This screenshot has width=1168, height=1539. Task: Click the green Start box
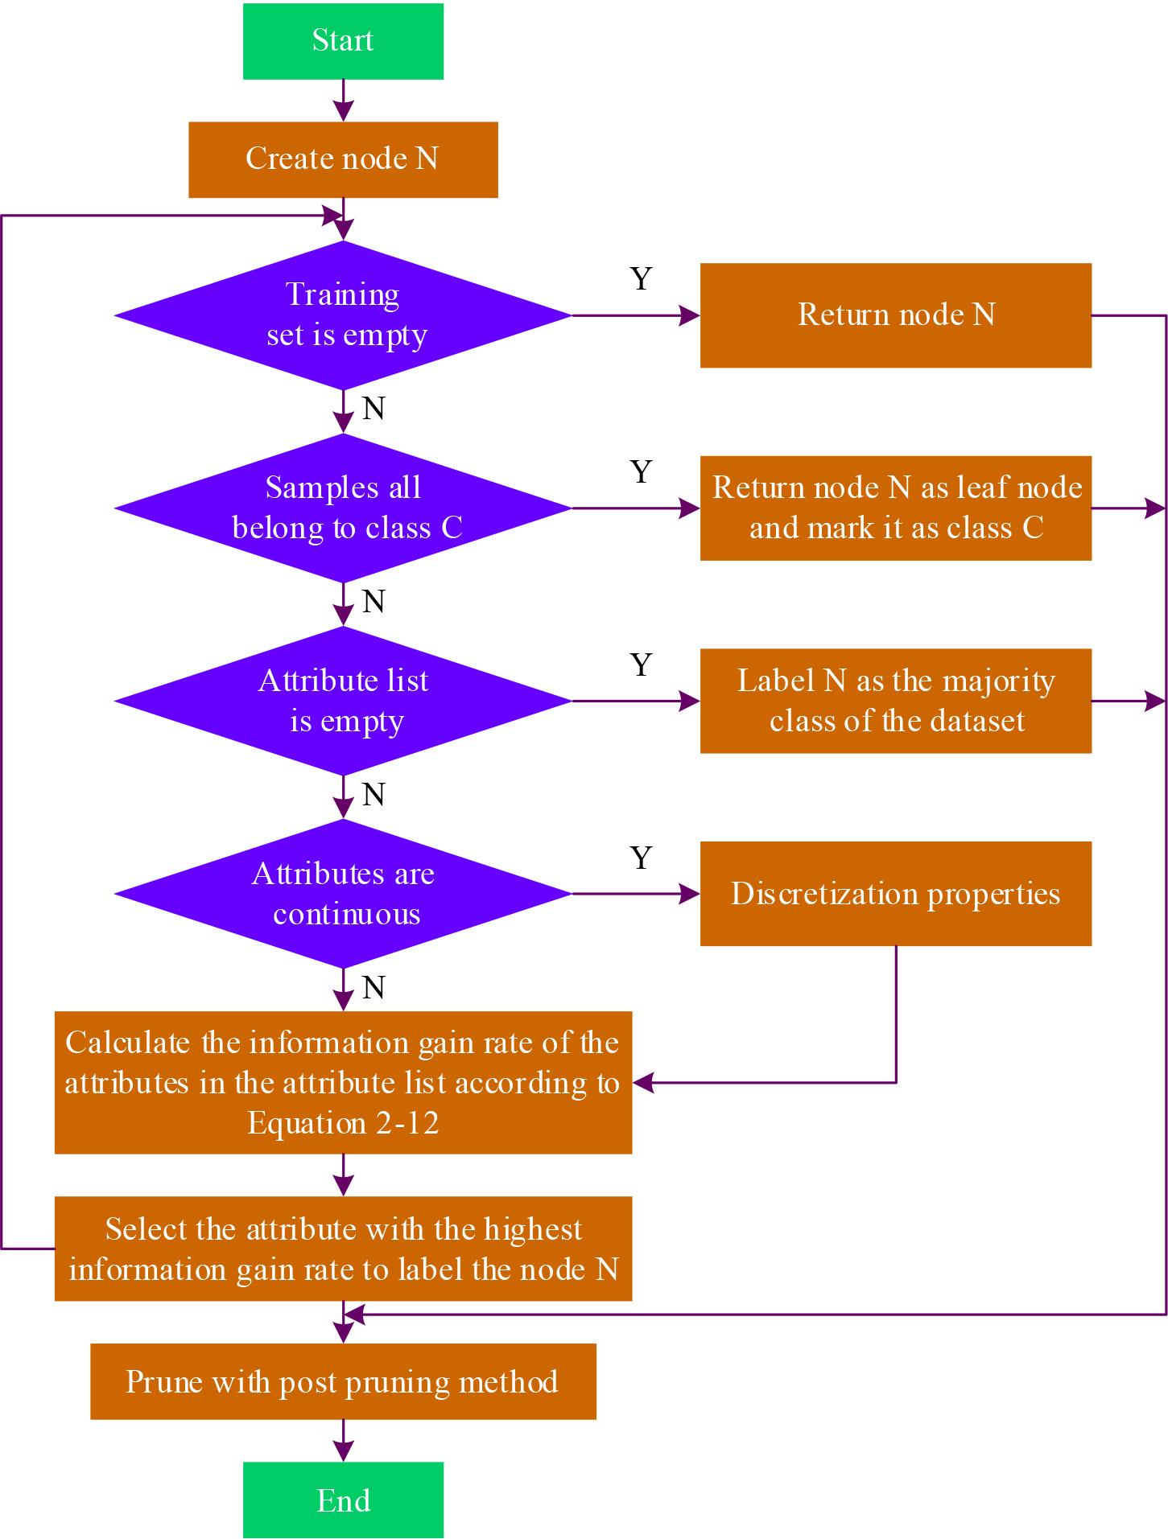pyautogui.click(x=343, y=41)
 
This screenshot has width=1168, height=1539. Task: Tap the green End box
pyautogui.click(x=343, y=1500)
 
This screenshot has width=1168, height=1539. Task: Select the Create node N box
pyautogui.click(x=343, y=159)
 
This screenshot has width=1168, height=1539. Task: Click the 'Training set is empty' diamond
pyautogui.click(x=343, y=315)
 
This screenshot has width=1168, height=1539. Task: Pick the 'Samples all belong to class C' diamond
pyautogui.click(x=343, y=508)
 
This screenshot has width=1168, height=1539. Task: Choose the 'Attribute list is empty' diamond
pyautogui.click(x=343, y=701)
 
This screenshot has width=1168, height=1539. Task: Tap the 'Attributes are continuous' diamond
pyautogui.click(x=343, y=894)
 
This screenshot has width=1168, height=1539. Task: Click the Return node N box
pyautogui.click(x=895, y=315)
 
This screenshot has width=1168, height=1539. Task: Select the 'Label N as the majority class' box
pyautogui.click(x=895, y=701)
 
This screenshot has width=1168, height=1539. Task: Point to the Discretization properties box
pyautogui.click(x=895, y=894)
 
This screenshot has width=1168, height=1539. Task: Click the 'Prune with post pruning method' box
pyautogui.click(x=343, y=1381)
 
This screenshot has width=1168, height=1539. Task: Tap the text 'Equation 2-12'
pyautogui.click(x=343, y=1123)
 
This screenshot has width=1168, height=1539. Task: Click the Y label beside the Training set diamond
pyautogui.click(x=641, y=278)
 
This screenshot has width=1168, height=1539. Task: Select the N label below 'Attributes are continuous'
pyautogui.click(x=374, y=988)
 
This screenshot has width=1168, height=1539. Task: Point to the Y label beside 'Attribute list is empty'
pyautogui.click(x=641, y=665)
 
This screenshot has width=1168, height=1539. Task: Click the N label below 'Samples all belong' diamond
pyautogui.click(x=374, y=602)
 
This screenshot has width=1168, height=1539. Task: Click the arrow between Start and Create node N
pyautogui.click(x=343, y=101)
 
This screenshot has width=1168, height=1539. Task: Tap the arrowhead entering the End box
pyautogui.click(x=343, y=1451)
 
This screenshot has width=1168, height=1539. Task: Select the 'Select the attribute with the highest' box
pyautogui.click(x=343, y=1249)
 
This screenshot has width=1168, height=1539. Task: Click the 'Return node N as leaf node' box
pyautogui.click(x=895, y=508)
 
